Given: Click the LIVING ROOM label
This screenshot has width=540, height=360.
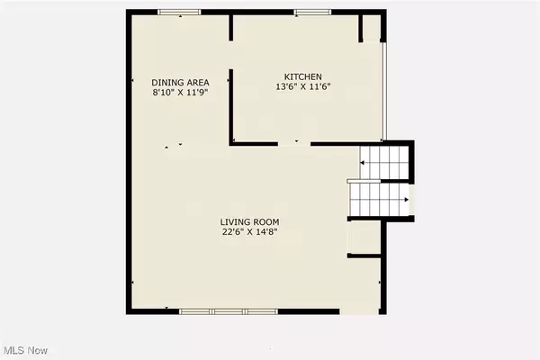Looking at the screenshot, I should pos(250,221).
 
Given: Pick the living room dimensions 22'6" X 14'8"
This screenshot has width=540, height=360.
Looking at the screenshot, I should pos(250,232).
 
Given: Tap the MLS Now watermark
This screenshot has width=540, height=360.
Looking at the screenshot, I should pos(25,348).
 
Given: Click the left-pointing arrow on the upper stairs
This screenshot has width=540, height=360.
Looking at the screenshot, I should pos(363,162).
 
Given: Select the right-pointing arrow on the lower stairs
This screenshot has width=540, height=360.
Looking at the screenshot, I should pos(407,200).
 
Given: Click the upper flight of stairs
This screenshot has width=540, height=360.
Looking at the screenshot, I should pos(384,163).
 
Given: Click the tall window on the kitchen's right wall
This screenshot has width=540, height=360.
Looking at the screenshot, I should pos(384,90).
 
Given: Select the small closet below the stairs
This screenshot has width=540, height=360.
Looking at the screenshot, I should pos(365,238).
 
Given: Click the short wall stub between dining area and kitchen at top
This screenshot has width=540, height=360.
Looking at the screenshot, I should pos(232,28).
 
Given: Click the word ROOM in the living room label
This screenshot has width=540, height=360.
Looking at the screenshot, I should pos(266,221).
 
